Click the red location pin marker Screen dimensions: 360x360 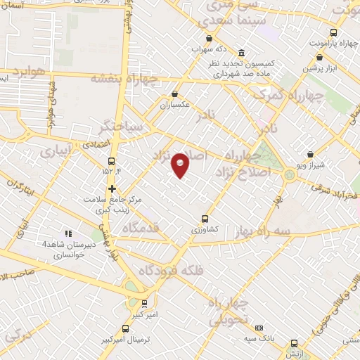[181, 164]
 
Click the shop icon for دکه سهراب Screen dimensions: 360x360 [208, 39]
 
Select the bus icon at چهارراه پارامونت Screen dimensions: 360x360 [333, 32]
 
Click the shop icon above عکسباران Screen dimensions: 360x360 [174, 94]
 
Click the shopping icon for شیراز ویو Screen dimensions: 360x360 [310, 154]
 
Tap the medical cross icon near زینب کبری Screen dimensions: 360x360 [112, 188]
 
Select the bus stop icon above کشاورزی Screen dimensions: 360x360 [205, 218]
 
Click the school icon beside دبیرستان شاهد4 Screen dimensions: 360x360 [68, 233]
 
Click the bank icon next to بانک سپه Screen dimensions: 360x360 [259, 328]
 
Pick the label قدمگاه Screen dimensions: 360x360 [151, 226]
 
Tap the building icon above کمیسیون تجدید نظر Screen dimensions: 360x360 [241, 53]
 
